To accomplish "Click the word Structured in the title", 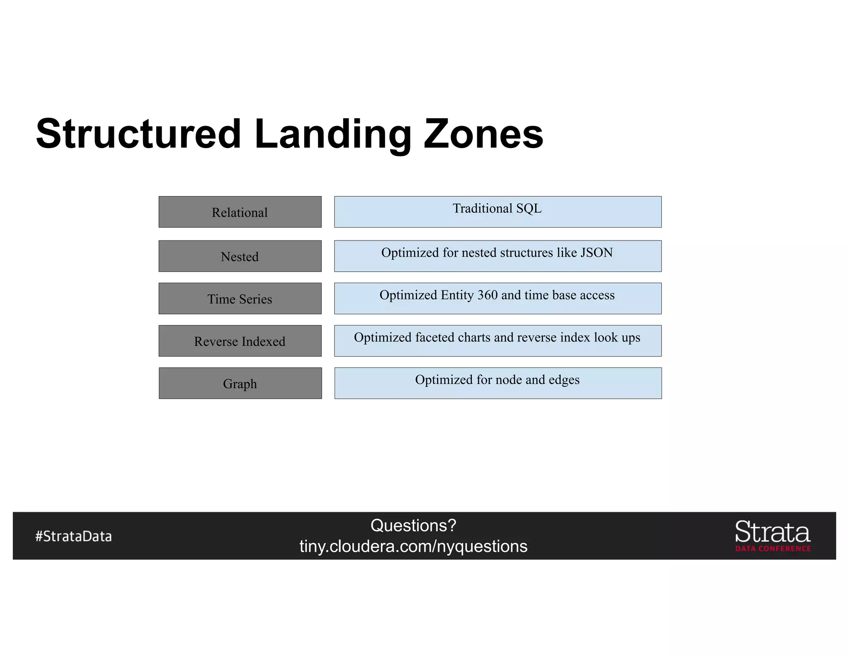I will (138, 134).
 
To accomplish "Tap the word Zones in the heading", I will (483, 134).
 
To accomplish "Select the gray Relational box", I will (240, 212).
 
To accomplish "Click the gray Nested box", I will (240, 256).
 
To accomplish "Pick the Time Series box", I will (240, 299).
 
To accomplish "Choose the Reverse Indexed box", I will (240, 341).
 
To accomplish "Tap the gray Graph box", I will (240, 383).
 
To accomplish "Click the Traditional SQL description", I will (497, 208).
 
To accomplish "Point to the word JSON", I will (597, 253).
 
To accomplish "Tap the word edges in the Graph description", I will (564, 380).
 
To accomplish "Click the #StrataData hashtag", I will (73, 536).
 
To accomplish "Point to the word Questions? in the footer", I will (413, 525).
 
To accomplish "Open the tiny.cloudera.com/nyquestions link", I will (413, 547).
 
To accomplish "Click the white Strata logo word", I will (772, 532).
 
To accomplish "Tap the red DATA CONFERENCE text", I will (773, 549).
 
